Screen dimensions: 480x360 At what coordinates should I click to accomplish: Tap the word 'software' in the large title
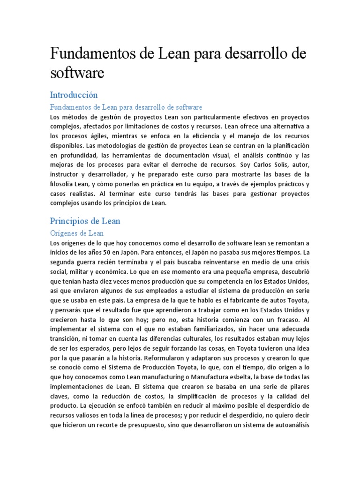pos(77,73)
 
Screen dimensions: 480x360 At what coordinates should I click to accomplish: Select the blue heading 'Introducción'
pos(74,95)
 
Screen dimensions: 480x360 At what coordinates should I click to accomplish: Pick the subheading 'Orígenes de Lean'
pos(76,233)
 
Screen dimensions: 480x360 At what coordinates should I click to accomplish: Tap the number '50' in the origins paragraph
pos(110,252)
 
